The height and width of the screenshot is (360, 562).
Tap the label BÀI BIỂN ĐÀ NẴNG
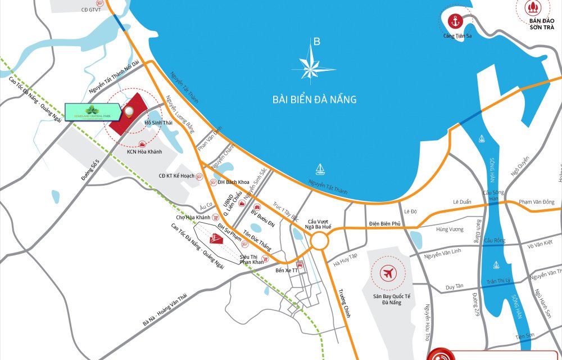click(315, 100)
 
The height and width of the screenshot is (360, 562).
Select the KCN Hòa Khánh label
click(144, 152)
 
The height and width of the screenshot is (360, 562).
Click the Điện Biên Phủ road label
click(385, 224)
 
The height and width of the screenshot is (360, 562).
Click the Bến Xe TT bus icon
click(300, 264)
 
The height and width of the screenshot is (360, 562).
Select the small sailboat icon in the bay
click(320, 168)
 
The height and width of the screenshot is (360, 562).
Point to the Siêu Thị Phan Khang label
click(252, 259)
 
